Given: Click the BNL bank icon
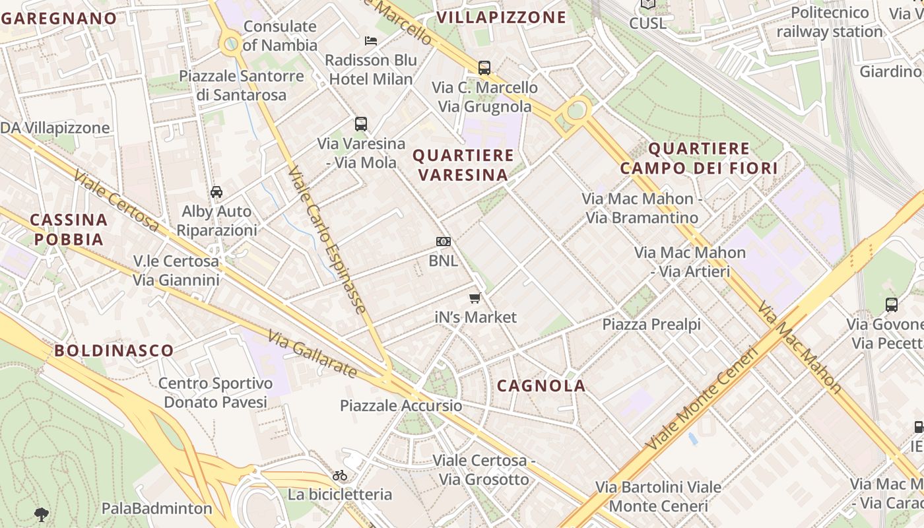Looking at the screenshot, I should [x=444, y=242].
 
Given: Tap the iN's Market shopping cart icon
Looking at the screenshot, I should [x=475, y=298].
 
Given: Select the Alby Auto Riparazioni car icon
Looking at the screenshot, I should [x=216, y=192].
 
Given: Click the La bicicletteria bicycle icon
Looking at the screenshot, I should [x=340, y=475].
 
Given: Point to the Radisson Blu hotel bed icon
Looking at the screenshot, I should [x=371, y=41].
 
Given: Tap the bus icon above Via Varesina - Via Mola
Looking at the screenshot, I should [x=360, y=123].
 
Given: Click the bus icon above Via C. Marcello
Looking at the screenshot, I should [x=484, y=67].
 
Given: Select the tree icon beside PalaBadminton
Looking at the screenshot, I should [x=41, y=514].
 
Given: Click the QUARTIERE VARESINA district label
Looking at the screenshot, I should [x=463, y=165].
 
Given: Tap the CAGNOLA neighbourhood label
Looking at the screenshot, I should [x=541, y=386].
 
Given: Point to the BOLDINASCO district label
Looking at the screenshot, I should [x=114, y=350].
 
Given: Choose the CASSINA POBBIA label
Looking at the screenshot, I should [x=69, y=229].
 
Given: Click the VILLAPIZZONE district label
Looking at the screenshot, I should [x=502, y=17].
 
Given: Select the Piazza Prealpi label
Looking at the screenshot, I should [x=651, y=324].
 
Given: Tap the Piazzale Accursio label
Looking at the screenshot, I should [x=401, y=405].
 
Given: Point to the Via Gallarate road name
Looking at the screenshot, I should [x=313, y=355].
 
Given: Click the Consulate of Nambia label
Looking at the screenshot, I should [x=280, y=36].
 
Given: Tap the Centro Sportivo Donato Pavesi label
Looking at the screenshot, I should [x=215, y=393].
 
